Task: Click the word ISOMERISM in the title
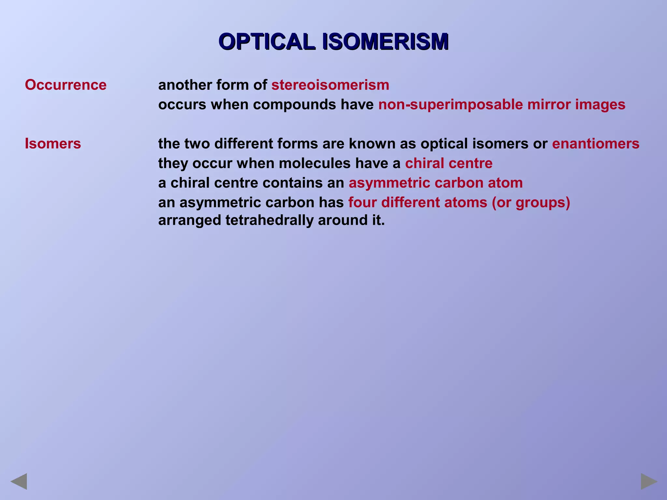(x=385, y=42)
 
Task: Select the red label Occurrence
(x=65, y=85)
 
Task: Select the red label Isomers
(x=53, y=144)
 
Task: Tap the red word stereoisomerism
(x=330, y=85)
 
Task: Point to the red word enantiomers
(x=596, y=144)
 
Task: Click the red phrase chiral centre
(x=448, y=163)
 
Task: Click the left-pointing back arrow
(x=19, y=481)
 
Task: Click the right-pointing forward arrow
(x=649, y=481)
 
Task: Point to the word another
(x=185, y=85)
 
